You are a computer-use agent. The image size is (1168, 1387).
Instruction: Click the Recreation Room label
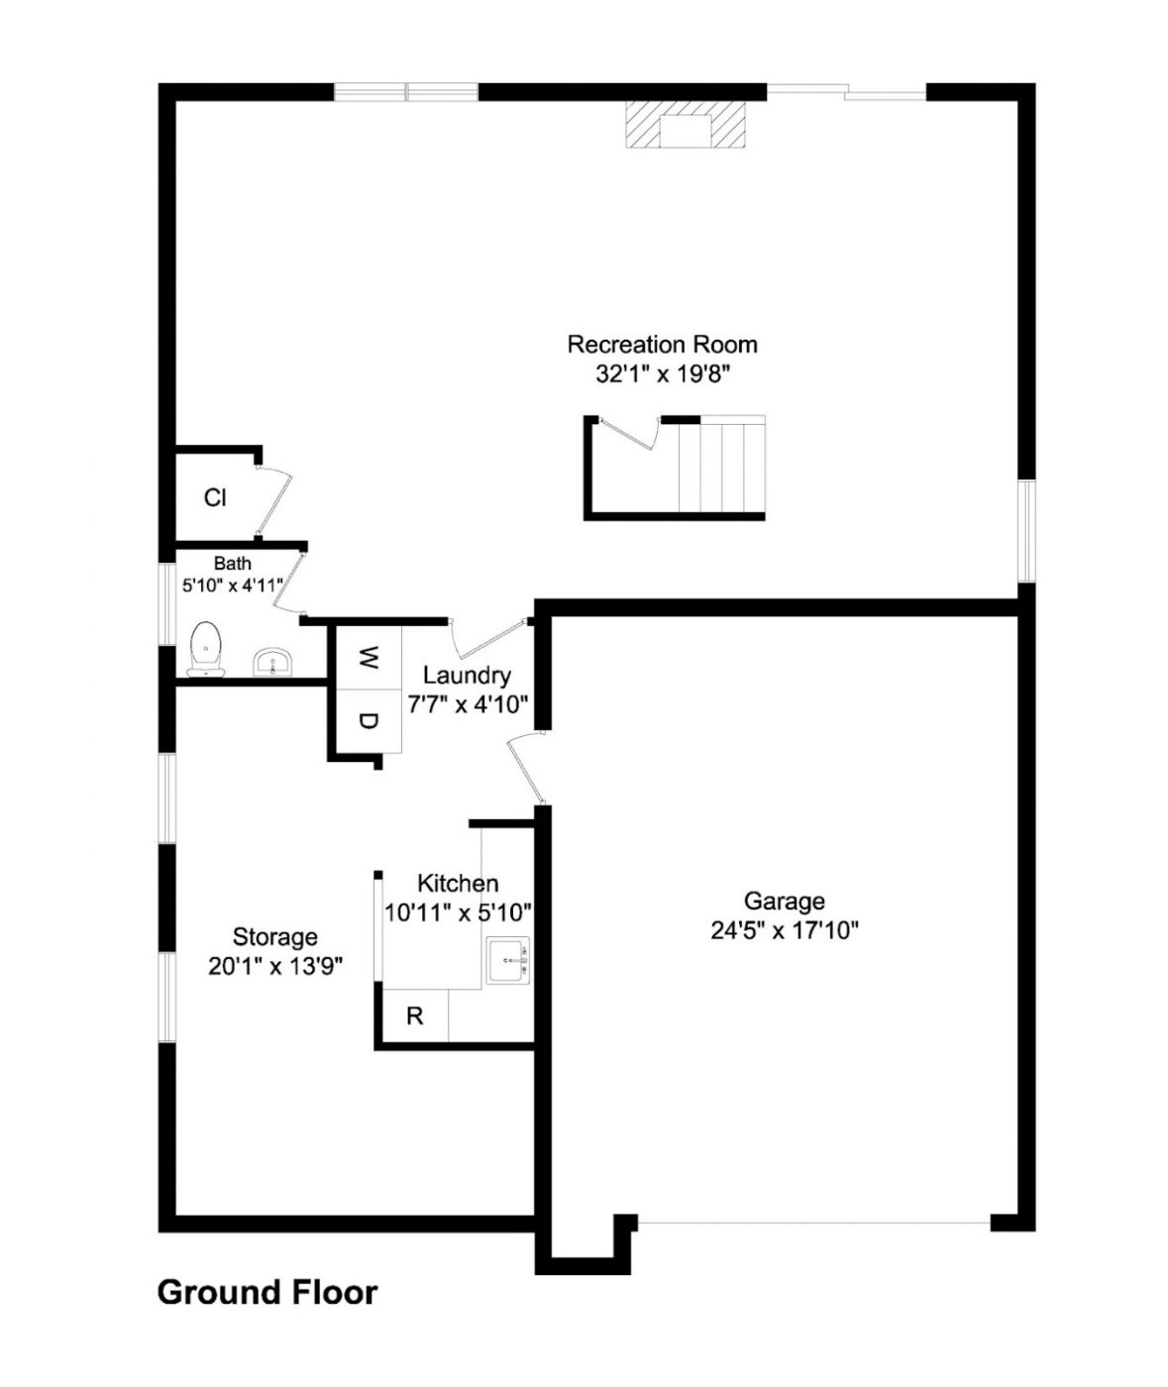662,345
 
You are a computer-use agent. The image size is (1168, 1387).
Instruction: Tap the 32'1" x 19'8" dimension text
663,374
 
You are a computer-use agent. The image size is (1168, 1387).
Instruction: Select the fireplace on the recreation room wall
686,124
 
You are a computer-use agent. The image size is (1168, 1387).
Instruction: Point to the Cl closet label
215,497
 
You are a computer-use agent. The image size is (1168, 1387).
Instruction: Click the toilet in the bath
206,649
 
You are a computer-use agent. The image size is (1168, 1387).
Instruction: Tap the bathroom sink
272,662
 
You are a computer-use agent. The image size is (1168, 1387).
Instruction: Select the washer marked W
368,658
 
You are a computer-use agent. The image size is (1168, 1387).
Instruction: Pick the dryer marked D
368,720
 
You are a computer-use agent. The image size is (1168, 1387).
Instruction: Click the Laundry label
467,676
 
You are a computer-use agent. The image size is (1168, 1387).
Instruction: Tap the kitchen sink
509,961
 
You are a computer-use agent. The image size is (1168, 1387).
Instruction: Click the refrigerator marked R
415,1015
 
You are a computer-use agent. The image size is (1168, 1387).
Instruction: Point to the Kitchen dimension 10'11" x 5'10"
459,912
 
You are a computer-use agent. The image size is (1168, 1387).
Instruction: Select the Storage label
275,937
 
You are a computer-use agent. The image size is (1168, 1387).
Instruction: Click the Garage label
784,902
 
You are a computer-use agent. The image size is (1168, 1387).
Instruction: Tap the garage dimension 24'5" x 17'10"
785,931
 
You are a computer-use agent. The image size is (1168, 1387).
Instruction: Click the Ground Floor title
267,1293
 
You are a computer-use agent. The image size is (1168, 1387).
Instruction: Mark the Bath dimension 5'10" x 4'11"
233,586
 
